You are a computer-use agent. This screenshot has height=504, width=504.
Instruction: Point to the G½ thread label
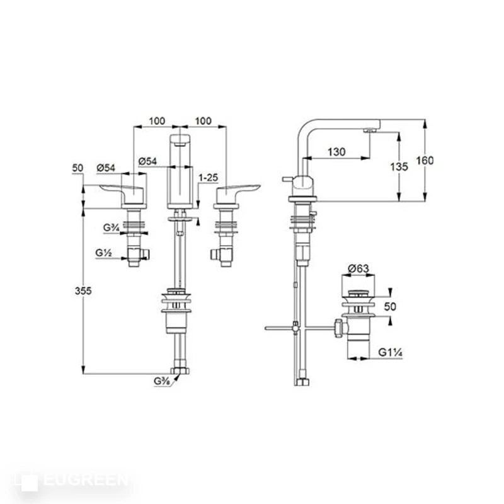point(104,253)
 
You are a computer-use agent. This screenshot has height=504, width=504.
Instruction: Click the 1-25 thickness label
point(209,178)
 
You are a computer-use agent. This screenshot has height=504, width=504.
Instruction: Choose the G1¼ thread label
point(391,353)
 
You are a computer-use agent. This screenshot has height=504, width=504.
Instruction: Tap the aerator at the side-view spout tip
point(370,130)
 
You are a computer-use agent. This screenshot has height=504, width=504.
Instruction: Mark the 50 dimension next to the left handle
point(78,168)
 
